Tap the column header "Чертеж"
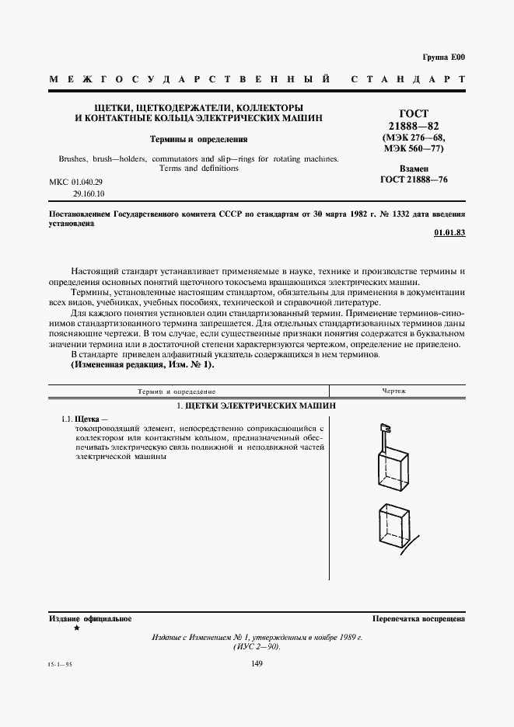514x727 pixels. click(394, 392)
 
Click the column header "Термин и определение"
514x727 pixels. click(177, 392)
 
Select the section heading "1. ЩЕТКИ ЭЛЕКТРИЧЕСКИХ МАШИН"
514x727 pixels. click(255, 406)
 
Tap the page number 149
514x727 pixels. click(257, 663)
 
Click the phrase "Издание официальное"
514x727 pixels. click(90, 619)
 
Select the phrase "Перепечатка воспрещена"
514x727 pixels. click(418, 619)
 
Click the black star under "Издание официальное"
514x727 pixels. click(75, 628)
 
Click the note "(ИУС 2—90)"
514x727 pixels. click(257, 646)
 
